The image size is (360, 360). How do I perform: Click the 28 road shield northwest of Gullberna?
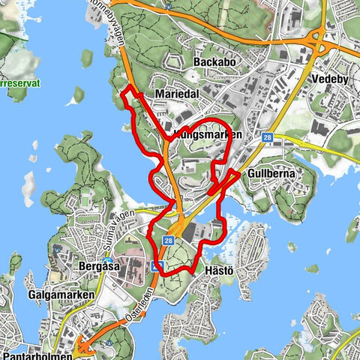(267, 137)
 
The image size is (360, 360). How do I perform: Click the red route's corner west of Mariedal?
(125, 93)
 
